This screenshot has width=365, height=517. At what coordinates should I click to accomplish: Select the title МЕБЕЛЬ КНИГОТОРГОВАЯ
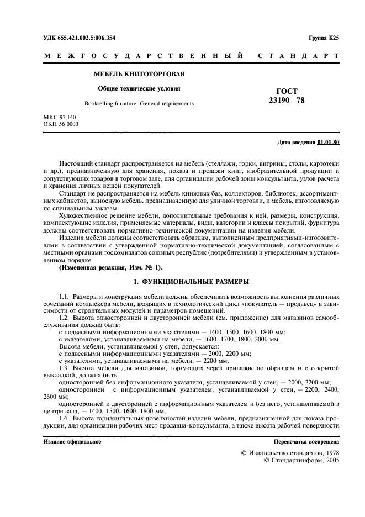[139, 74]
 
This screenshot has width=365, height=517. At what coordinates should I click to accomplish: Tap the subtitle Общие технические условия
[139, 88]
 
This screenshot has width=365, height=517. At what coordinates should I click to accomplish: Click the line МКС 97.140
[60, 118]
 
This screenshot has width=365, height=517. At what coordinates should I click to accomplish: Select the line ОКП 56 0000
[61, 124]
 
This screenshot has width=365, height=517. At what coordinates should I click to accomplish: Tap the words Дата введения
[297, 143]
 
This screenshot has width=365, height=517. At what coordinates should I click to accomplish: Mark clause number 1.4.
[65, 419]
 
